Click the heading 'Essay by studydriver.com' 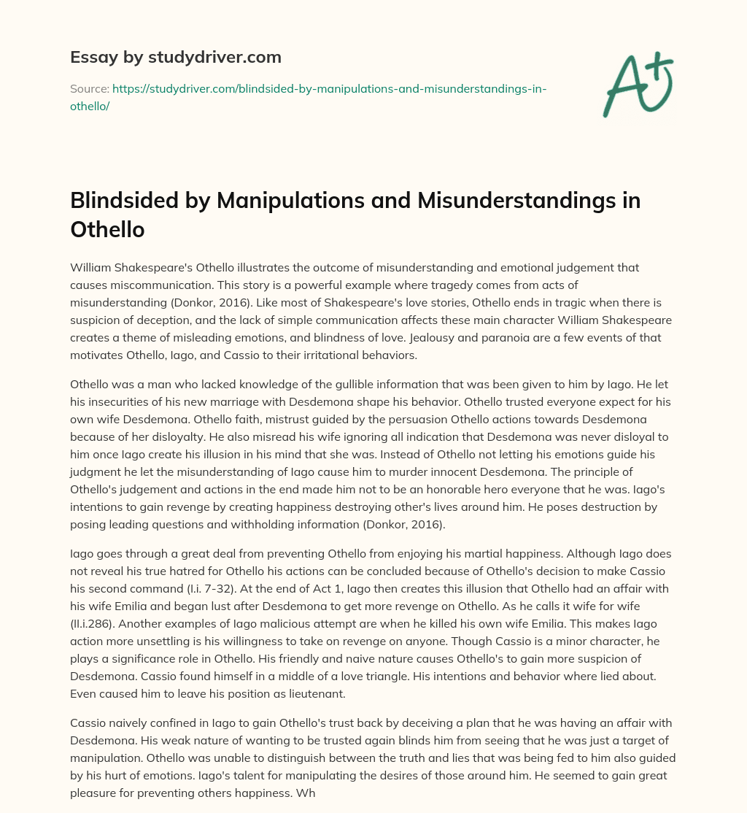click(175, 57)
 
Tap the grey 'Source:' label click(89, 88)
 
